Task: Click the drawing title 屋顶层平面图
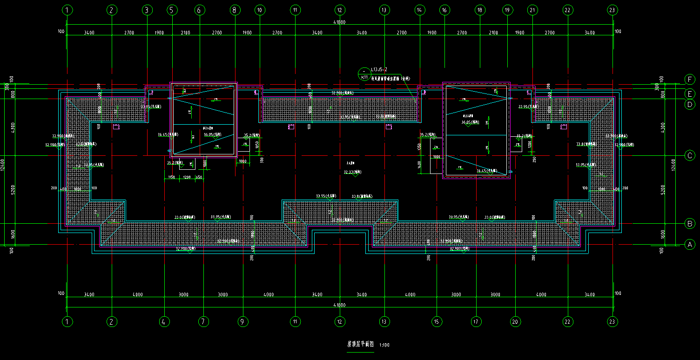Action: tap(360, 345)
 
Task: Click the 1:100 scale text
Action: tap(384, 345)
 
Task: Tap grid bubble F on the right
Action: tap(690, 79)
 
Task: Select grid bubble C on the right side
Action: tap(690, 155)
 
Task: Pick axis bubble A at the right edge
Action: tap(690, 245)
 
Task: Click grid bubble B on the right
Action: tap(690, 223)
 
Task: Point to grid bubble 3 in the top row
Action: tap(147, 10)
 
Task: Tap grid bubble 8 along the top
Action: tap(235, 10)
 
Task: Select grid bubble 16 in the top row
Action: tap(444, 10)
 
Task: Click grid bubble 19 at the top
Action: tap(507, 10)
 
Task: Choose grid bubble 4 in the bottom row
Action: tap(164, 321)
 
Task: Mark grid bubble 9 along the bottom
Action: tap(242, 321)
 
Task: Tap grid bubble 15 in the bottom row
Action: tap(437, 321)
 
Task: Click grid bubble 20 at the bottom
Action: tap(515, 321)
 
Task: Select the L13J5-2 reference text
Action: tap(379, 69)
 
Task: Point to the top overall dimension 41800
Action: tap(339, 22)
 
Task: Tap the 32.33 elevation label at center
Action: tap(349, 172)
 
